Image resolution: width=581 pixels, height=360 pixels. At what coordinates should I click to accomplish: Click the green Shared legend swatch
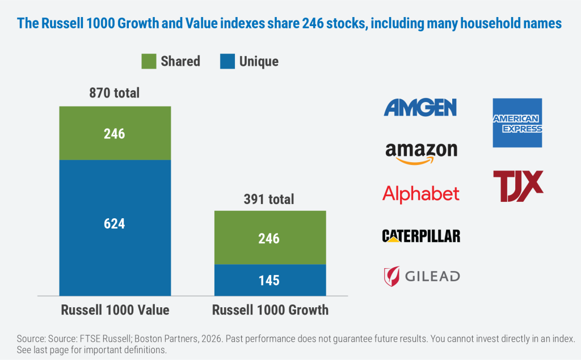149,61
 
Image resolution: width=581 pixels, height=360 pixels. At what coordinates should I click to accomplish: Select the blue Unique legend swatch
227,61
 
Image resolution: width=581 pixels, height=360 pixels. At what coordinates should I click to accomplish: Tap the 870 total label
115,93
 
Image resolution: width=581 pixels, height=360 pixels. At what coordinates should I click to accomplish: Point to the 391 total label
270,199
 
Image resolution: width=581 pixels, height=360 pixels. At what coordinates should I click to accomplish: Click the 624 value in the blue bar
115,223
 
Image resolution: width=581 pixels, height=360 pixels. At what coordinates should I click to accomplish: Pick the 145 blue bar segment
270,280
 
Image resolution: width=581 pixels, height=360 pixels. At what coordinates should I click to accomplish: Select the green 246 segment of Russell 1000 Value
115,133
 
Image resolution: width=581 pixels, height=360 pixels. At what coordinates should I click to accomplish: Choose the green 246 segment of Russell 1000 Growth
270,238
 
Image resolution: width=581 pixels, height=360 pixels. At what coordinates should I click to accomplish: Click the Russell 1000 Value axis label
115,310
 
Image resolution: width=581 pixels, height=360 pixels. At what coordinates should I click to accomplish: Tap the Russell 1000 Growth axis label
270,310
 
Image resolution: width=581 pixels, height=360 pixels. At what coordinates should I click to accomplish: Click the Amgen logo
420,107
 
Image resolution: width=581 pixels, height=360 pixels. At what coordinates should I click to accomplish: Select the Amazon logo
421,152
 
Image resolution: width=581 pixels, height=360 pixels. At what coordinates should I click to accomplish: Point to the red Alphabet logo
421,194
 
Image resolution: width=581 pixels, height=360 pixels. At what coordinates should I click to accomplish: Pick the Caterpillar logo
421,235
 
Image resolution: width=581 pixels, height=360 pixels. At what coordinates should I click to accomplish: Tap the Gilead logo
421,276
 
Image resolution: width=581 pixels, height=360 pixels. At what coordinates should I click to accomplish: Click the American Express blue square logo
517,122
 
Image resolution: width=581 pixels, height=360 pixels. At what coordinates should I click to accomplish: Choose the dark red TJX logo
517,185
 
